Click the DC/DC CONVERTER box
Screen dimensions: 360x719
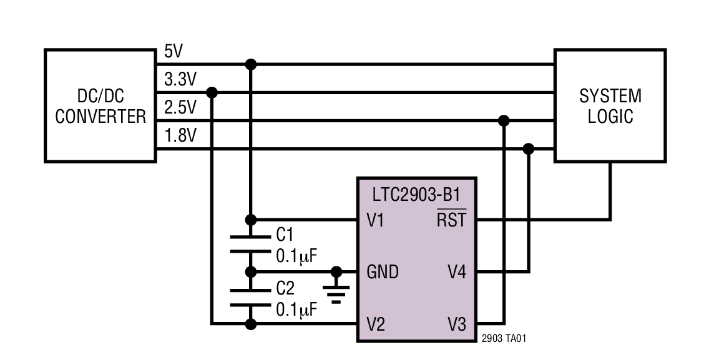(x=100, y=106)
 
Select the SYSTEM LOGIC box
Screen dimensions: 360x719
(x=610, y=106)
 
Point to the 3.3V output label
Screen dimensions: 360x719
(x=180, y=80)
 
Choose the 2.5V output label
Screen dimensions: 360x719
(x=180, y=108)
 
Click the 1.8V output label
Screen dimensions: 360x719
(x=180, y=136)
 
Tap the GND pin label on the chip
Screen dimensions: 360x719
(x=382, y=272)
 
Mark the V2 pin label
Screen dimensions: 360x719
(x=377, y=324)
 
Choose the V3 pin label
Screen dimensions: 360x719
(x=456, y=324)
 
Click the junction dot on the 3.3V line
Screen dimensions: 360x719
(x=212, y=92)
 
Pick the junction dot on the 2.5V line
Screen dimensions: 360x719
(x=504, y=120)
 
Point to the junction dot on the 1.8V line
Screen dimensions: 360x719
(x=529, y=148)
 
